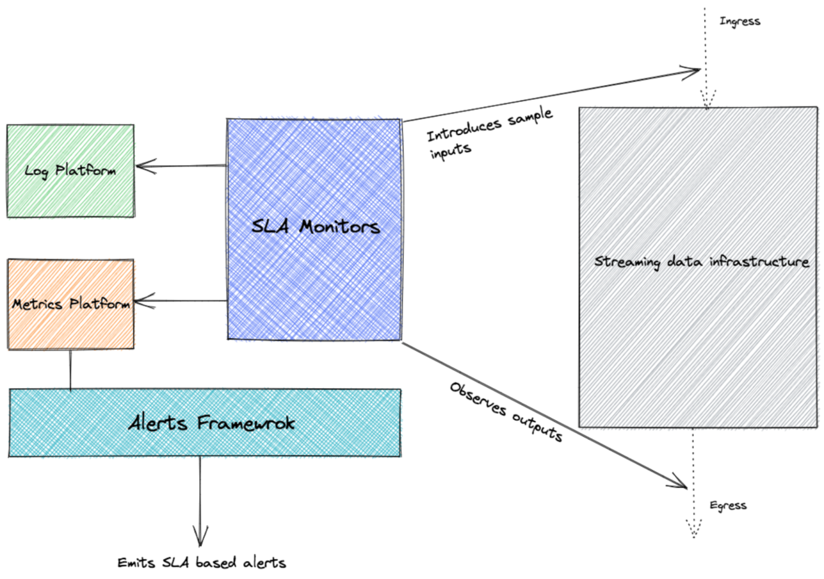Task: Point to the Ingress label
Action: click(x=740, y=21)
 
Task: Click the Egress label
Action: click(x=728, y=506)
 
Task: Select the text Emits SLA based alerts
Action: click(x=202, y=562)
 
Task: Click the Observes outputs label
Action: click(x=506, y=412)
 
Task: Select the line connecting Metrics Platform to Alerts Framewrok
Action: click(x=70, y=369)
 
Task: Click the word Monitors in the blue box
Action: click(x=340, y=227)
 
